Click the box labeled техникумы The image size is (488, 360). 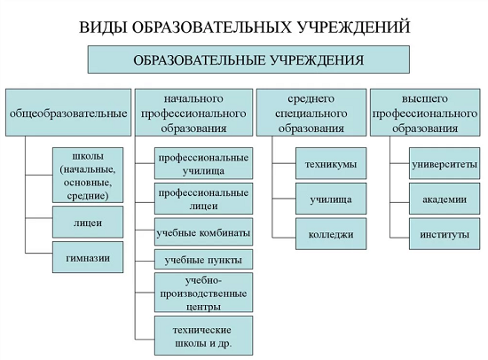coord(331,163)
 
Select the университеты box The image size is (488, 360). coord(445,163)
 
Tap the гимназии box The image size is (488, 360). coord(88,257)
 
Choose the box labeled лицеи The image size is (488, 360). coord(88,223)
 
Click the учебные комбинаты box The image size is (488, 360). coord(203,231)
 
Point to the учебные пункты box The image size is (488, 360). coord(203,259)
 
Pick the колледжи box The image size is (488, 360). coord(331,234)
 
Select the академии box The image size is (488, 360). coord(445,199)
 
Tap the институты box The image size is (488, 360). coord(445,234)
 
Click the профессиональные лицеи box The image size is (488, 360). coord(203,199)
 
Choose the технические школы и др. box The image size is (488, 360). coord(203,336)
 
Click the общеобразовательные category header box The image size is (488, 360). coord(68,113)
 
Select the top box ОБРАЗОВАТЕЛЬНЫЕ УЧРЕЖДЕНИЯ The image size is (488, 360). coord(248,59)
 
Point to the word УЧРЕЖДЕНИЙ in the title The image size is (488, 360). coord(354,27)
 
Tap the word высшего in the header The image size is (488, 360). coord(425,98)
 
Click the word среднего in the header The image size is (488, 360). coord(311,99)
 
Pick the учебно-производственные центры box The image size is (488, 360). coord(203,293)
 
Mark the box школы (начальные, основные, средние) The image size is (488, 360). coord(88,176)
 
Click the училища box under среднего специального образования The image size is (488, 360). coord(331,199)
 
